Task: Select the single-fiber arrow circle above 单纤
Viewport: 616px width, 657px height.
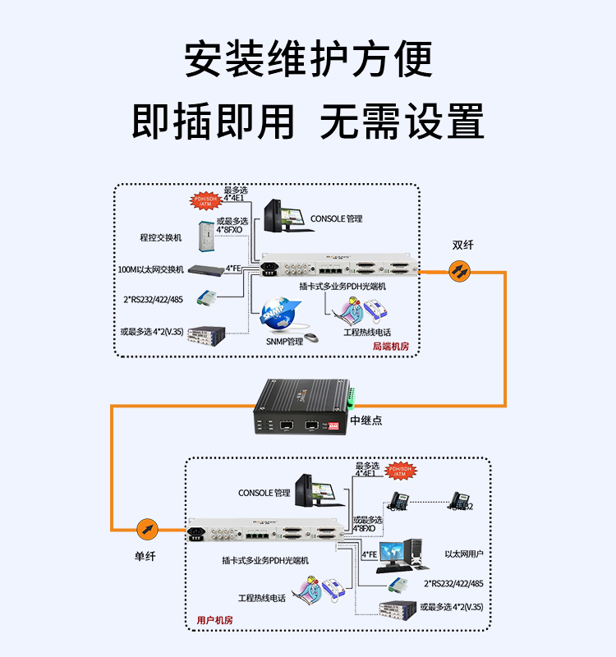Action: click(146, 528)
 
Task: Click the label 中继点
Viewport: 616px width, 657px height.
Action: click(365, 420)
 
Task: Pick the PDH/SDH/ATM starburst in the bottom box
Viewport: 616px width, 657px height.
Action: click(399, 471)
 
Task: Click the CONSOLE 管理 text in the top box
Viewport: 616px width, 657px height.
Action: click(335, 219)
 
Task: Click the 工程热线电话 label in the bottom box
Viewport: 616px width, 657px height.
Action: click(262, 598)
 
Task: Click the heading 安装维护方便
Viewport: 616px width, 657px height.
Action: click(308, 60)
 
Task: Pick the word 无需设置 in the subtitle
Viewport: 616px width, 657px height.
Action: click(402, 122)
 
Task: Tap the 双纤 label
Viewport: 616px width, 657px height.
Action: click(462, 245)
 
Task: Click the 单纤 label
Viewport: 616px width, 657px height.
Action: click(145, 557)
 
